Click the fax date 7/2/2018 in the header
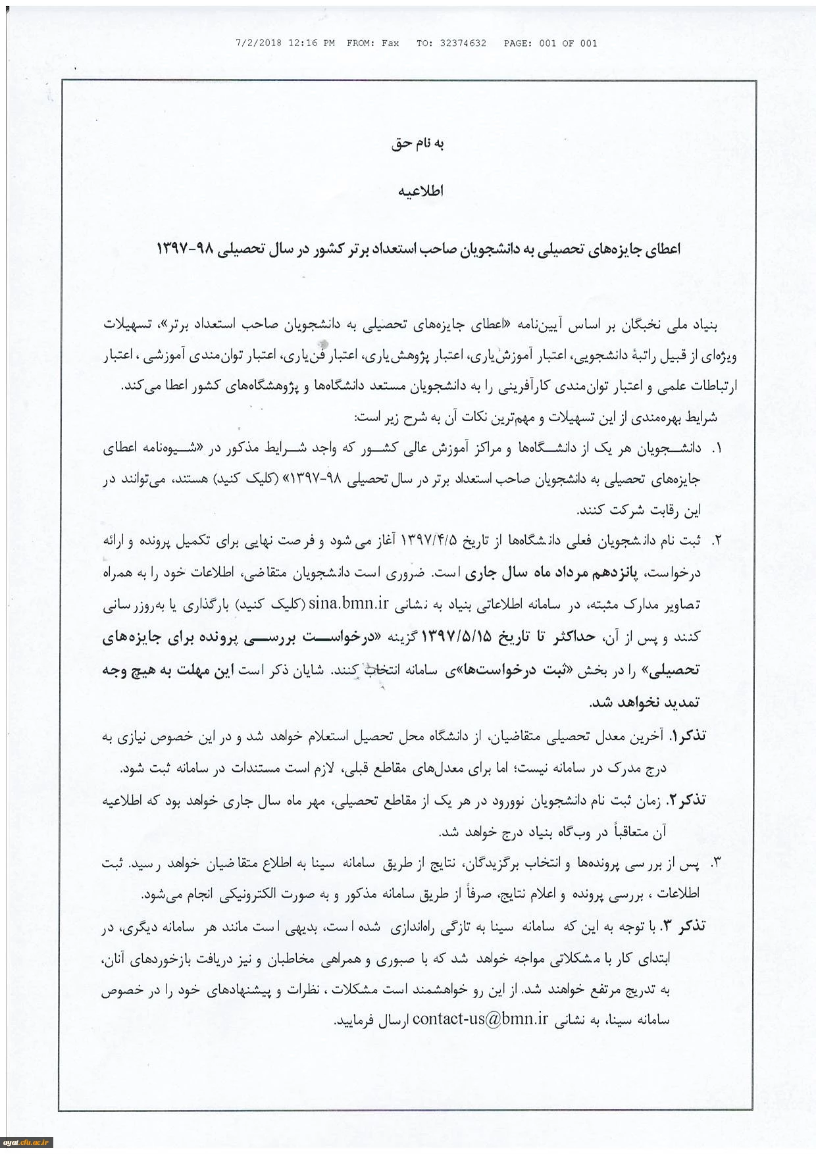click(258, 43)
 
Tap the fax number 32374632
click(463, 43)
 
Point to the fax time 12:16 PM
click(311, 43)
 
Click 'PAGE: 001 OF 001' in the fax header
click(550, 43)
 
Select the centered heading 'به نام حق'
click(418, 143)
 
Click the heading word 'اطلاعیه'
click(421, 191)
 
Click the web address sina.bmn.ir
click(349, 603)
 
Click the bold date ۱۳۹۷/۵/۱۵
click(456, 636)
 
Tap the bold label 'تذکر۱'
click(688, 736)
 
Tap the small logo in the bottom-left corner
click(26, 1143)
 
